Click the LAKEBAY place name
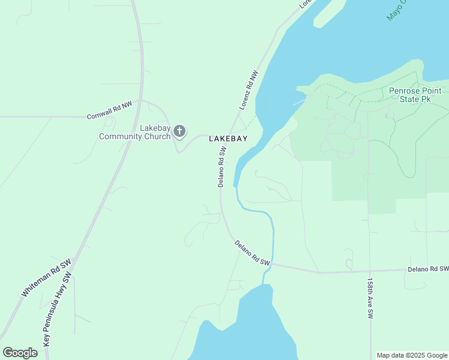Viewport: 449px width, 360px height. [x=228, y=139]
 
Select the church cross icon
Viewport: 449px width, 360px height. [x=179, y=131]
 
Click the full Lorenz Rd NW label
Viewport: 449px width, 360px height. [x=249, y=91]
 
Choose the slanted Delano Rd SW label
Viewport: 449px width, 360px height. [x=253, y=253]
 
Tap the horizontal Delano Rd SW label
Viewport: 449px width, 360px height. [x=428, y=269]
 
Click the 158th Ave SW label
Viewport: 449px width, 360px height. [x=371, y=298]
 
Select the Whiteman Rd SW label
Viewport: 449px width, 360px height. [x=46, y=278]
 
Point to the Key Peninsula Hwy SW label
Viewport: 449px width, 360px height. [x=58, y=308]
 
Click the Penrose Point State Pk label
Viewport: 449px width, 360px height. [x=415, y=95]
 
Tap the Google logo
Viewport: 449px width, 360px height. [x=20, y=352]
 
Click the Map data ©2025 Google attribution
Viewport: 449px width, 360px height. [x=412, y=355]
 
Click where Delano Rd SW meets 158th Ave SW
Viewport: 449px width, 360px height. [x=369, y=271]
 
